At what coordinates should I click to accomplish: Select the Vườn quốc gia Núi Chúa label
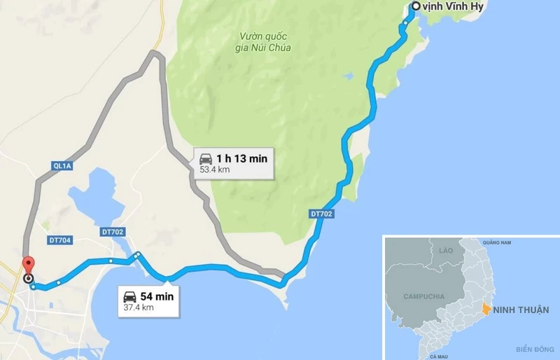pos(265,42)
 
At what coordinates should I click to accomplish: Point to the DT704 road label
pos(61,240)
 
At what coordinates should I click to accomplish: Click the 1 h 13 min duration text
pos(241,158)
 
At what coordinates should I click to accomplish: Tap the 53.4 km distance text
pos(215,170)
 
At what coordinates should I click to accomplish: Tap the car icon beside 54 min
pos(130,296)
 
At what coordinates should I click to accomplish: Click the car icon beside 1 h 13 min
pos(206,159)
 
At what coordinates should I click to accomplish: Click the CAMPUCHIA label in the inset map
pos(423,297)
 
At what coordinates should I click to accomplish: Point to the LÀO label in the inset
pos(445,250)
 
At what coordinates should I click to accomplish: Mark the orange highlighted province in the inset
pos(485,308)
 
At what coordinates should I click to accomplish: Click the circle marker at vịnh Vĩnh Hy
pos(416,6)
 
